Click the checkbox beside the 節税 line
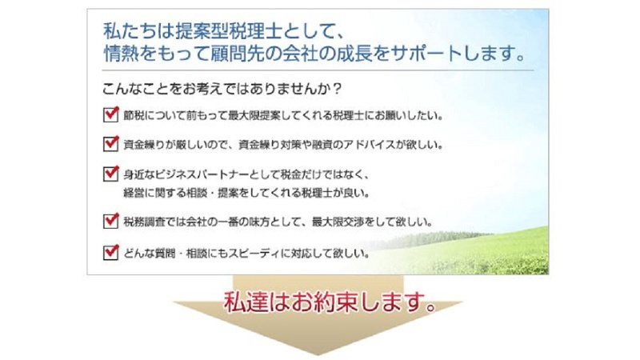(x=110, y=114)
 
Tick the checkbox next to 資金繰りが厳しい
(x=110, y=144)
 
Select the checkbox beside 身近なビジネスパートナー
(x=110, y=174)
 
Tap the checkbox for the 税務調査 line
(x=110, y=222)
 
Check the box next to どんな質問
(x=110, y=252)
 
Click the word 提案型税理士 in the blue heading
(x=230, y=31)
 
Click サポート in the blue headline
(x=426, y=54)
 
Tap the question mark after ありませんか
(x=337, y=89)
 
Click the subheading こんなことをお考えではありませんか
(x=222, y=89)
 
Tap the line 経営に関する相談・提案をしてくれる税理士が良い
(x=246, y=193)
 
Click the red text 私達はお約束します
(x=330, y=302)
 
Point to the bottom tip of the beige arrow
(x=318, y=355)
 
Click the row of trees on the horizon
(x=433, y=238)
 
